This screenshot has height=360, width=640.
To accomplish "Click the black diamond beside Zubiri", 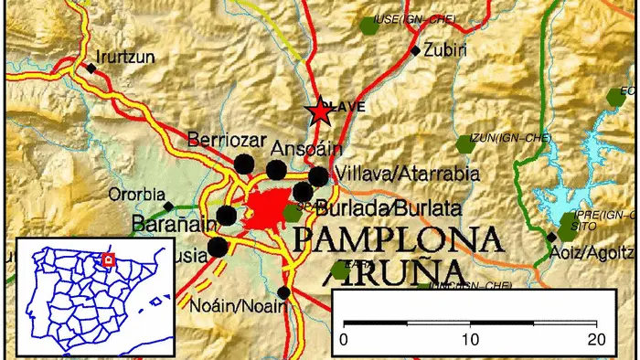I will click(x=416, y=50).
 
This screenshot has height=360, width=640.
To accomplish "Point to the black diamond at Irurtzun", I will click(x=91, y=67).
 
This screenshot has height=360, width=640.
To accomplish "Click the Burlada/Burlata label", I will click(x=374, y=208).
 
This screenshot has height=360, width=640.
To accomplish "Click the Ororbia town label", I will click(x=133, y=194).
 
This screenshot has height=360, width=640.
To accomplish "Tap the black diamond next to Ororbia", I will click(x=166, y=205).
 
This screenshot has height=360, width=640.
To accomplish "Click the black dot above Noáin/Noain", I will click(x=283, y=292).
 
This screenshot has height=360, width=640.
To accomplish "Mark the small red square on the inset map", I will click(x=108, y=259).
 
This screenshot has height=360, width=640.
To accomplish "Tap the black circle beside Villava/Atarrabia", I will click(x=317, y=175).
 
